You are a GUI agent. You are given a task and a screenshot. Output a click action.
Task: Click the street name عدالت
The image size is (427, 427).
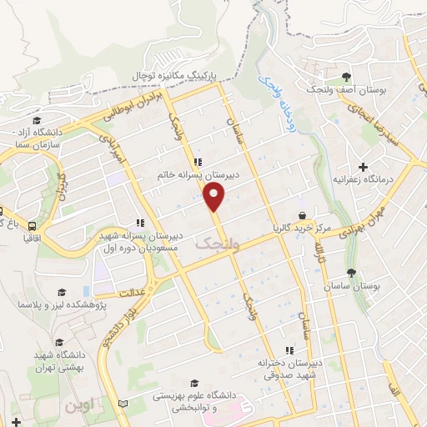pyautogui.click(x=133, y=294)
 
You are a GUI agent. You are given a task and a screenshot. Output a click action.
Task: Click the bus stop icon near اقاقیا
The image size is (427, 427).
pyautogui.click(x=32, y=226)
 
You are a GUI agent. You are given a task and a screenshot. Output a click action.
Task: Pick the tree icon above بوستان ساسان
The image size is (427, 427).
pyautogui.click(x=351, y=272)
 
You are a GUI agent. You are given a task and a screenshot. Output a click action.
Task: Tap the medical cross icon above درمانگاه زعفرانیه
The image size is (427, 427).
pyautogui.click(x=363, y=166)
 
